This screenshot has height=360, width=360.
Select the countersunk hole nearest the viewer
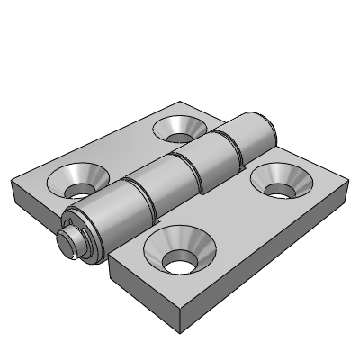coord(180,252)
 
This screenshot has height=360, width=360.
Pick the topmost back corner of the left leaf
coord(180,101)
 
